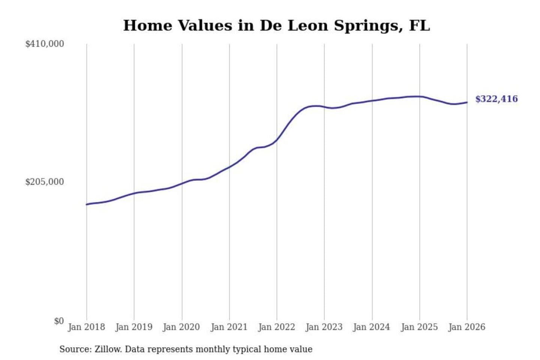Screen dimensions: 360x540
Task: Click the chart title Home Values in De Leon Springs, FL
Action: [276, 25]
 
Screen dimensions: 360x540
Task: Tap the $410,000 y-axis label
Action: [45, 44]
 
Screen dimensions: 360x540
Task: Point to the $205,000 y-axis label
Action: [45, 182]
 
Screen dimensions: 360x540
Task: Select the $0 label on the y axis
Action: [59, 321]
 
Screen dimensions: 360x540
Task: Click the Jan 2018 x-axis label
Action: [86, 327]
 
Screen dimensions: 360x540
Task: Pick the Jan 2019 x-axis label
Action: [134, 327]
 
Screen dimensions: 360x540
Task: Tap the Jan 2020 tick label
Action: [181, 327]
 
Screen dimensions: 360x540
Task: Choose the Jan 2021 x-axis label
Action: [229, 327]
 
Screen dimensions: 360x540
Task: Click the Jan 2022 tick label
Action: [277, 327]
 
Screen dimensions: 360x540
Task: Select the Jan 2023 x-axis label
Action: [324, 327]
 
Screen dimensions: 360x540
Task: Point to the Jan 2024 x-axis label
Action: [372, 327]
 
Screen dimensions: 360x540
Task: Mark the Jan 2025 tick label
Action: [419, 327]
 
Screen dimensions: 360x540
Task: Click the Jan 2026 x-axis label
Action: [467, 327]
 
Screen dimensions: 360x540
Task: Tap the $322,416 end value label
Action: [496, 99]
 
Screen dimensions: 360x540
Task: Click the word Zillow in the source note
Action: [108, 349]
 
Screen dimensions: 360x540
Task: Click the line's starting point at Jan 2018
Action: [87, 204]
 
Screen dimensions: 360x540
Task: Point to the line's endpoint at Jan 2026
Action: [467, 102]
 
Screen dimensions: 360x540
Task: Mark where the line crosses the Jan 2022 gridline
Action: [277, 140]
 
